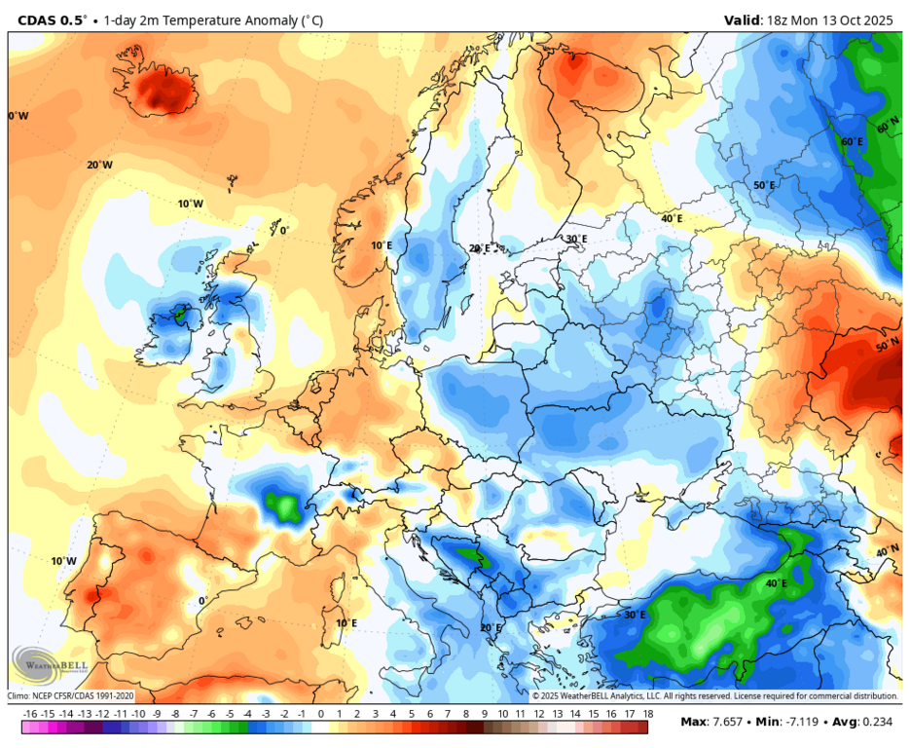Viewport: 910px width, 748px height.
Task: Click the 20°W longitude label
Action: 99,165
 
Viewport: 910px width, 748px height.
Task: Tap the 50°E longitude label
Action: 765,185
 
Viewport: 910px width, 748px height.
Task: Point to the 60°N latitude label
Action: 888,127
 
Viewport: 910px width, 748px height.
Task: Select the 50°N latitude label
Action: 889,346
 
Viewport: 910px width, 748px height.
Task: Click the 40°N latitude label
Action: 888,551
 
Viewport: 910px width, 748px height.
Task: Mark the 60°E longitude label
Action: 852,141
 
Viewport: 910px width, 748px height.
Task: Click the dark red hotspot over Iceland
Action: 164,92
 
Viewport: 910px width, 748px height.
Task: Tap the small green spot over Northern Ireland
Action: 179,314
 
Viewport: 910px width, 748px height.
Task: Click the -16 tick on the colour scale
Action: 30,714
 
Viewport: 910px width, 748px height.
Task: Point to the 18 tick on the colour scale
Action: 647,714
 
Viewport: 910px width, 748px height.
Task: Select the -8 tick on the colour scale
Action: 175,714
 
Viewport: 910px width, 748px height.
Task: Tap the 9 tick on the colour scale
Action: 484,714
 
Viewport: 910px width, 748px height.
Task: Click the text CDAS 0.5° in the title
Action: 47,19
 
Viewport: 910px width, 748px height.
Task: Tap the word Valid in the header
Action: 745,19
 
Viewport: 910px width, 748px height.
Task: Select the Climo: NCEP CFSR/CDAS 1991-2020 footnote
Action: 71,696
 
